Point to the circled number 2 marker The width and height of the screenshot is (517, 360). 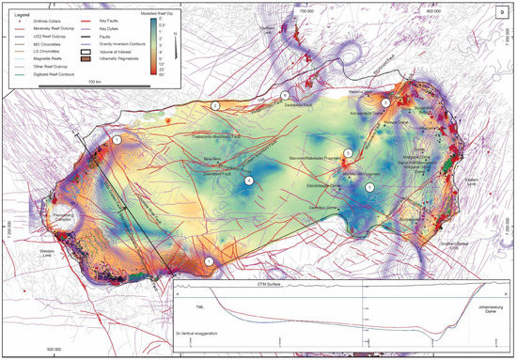tap(215, 106)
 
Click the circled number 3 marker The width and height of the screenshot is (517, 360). tap(384, 102)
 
